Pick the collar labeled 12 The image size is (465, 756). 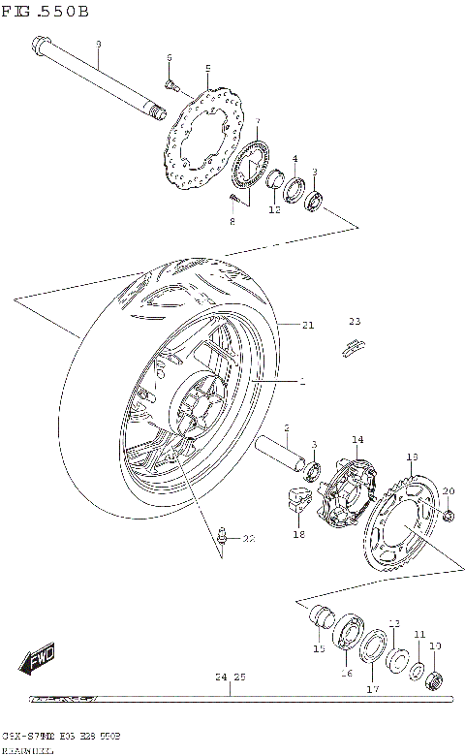click(x=275, y=180)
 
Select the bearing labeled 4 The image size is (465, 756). click(x=293, y=183)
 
